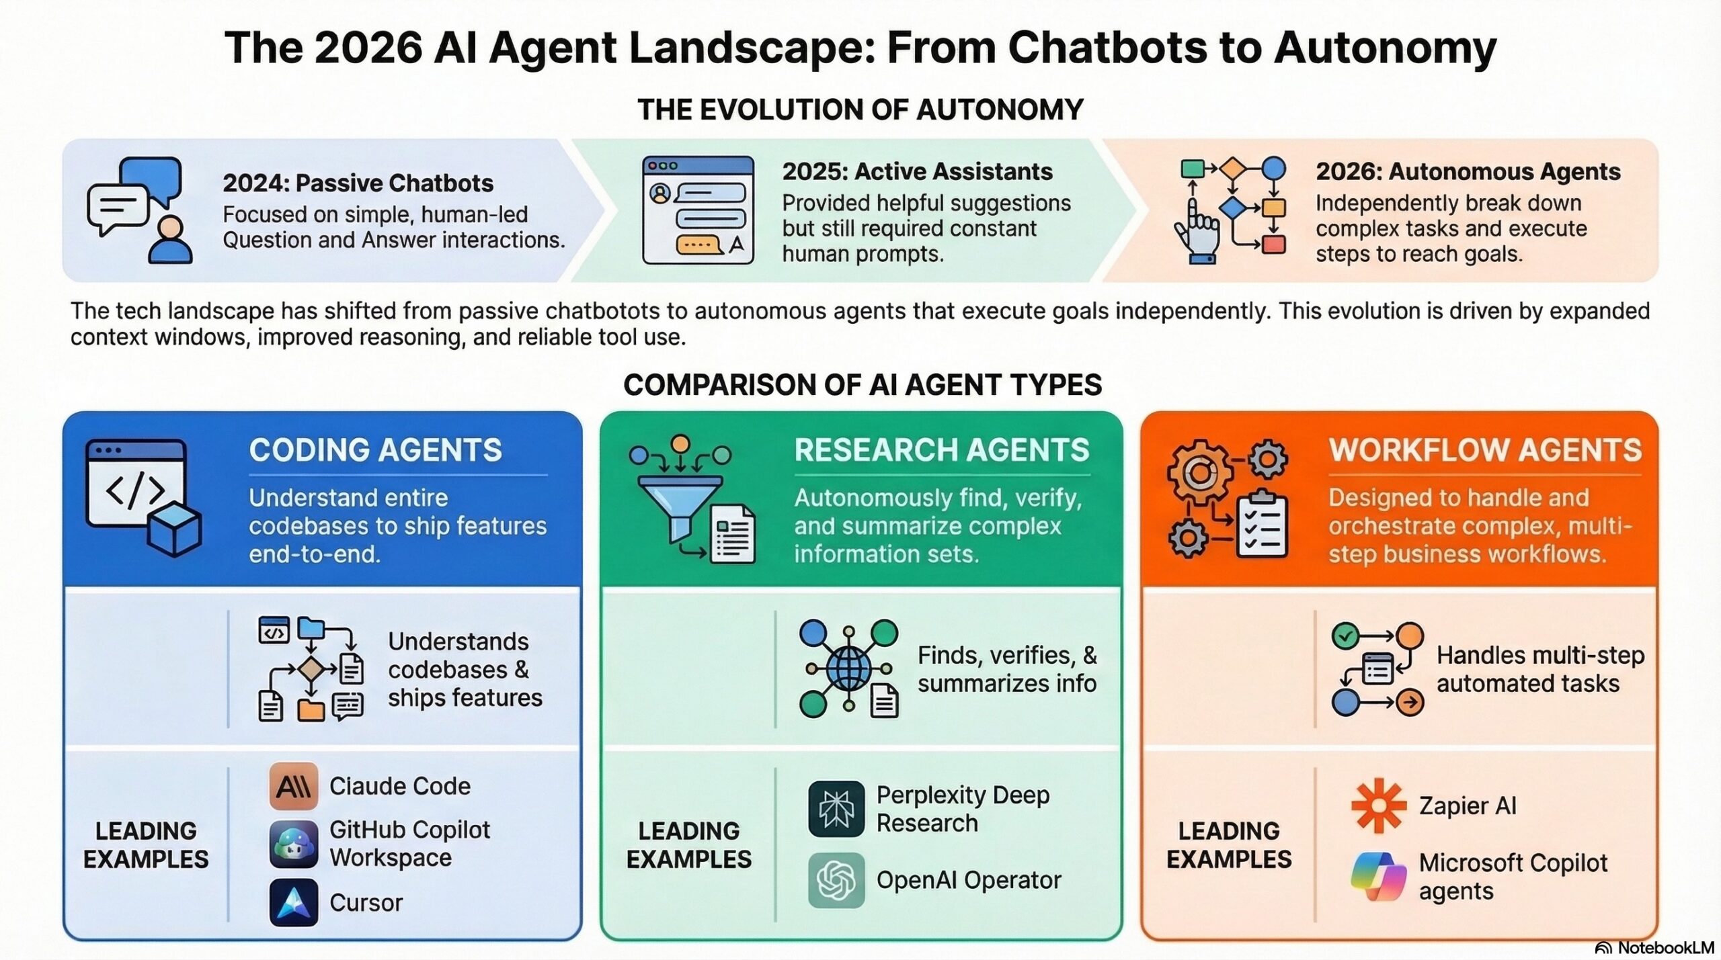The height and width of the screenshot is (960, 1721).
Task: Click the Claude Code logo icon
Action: [x=294, y=785]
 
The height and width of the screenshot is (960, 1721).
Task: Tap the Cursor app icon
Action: [x=294, y=902]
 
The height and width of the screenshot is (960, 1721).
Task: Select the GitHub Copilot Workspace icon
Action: [x=294, y=844]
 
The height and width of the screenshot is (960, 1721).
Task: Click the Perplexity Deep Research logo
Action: [x=836, y=809]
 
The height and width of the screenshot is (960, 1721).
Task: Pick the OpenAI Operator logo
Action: [x=836, y=880]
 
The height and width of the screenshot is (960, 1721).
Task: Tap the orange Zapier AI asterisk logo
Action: [x=1378, y=805]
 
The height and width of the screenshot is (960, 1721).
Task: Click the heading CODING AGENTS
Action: [x=375, y=450]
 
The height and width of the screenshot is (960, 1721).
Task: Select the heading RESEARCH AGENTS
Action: [x=941, y=450]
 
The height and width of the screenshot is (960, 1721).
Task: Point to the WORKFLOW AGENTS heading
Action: [x=1485, y=450]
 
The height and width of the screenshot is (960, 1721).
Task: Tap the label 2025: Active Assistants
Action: [x=917, y=172]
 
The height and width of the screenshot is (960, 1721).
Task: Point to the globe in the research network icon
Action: [x=848, y=668]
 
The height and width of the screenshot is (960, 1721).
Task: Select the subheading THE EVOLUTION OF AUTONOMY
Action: [x=860, y=110]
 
